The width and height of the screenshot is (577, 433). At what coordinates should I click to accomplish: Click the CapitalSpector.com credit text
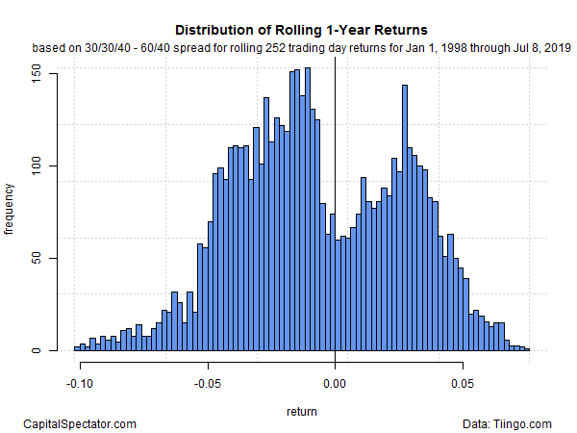[79, 423]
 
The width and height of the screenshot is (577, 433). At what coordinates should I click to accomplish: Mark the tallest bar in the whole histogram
[307, 209]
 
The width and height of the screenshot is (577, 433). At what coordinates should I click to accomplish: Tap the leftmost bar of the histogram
[77, 348]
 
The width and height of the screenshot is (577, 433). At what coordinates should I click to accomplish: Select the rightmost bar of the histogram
[527, 349]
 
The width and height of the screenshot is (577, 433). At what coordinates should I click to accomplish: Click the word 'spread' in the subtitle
[212, 46]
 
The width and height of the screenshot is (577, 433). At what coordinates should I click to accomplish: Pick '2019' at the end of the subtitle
[558, 46]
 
